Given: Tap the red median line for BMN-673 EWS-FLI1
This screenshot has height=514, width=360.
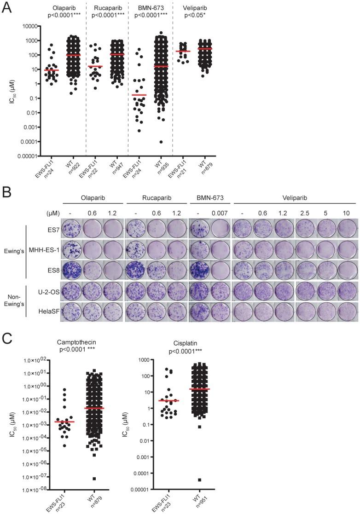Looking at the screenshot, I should pos(139,95).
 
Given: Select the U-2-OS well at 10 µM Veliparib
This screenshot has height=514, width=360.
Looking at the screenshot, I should pos(345,286).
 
